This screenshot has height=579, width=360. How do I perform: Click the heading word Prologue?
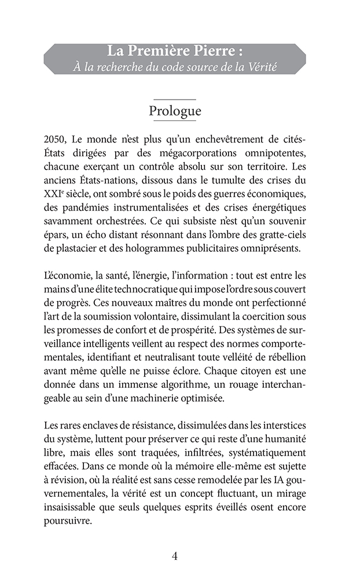(175, 111)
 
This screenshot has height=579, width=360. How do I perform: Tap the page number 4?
(175, 556)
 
